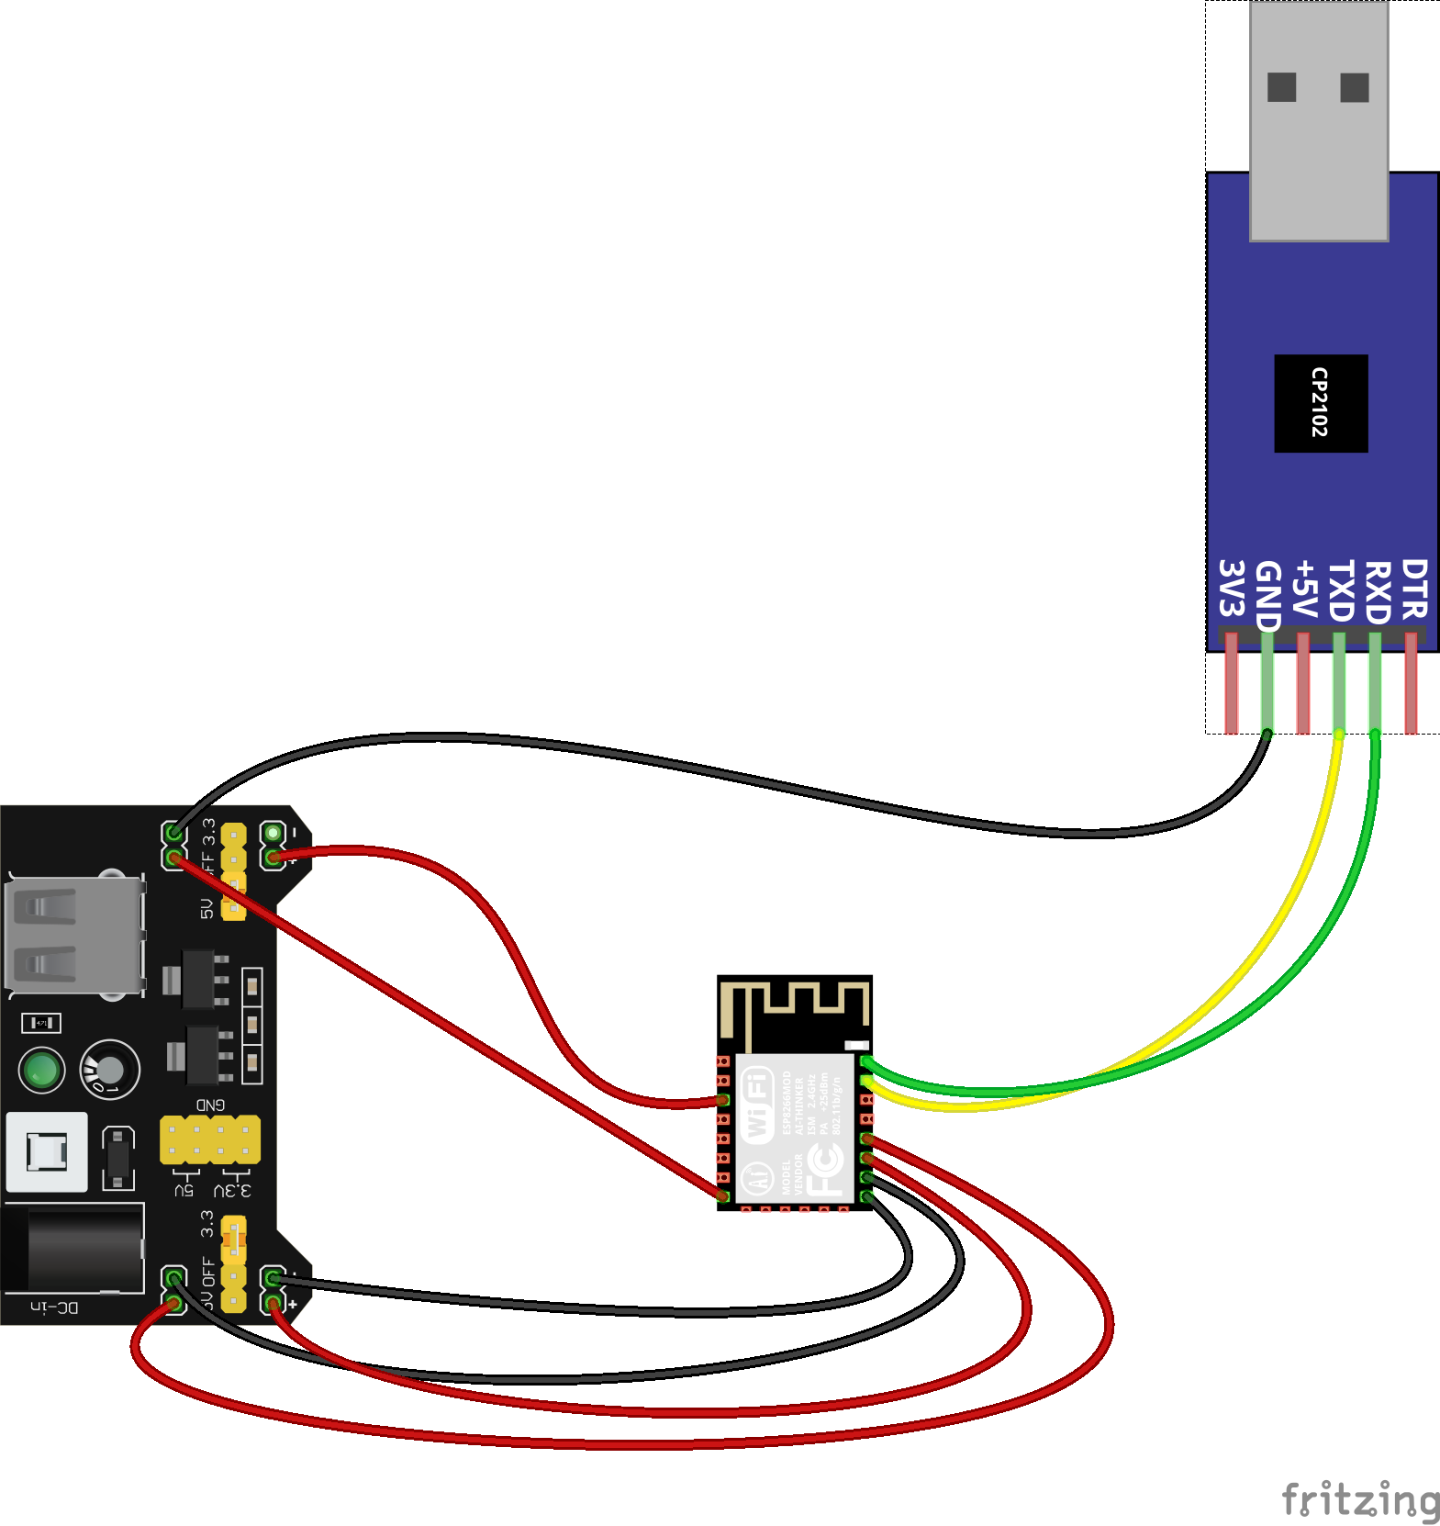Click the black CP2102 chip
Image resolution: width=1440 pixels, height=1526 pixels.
(1321, 403)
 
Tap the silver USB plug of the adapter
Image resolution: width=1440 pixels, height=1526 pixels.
(1319, 119)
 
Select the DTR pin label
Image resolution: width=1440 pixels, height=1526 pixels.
(1414, 589)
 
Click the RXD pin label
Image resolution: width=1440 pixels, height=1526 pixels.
(1378, 592)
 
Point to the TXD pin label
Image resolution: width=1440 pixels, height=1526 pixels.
(1341, 591)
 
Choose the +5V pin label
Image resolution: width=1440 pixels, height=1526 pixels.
(1304, 589)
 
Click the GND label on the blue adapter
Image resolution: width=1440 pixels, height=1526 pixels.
(1267, 595)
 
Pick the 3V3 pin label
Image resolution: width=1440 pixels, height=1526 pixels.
(1231, 588)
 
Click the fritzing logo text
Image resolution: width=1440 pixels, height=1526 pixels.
(1360, 1499)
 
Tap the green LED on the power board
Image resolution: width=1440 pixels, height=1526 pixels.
(41, 1070)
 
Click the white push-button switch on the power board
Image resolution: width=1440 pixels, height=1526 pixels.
(47, 1151)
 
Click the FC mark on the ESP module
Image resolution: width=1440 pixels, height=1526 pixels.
(825, 1167)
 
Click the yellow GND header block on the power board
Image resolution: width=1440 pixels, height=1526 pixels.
(210, 1139)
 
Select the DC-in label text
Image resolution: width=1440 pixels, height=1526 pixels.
(54, 1307)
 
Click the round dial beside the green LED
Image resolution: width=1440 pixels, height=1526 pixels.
(110, 1070)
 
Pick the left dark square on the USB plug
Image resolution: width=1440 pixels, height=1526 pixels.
(1281, 87)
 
